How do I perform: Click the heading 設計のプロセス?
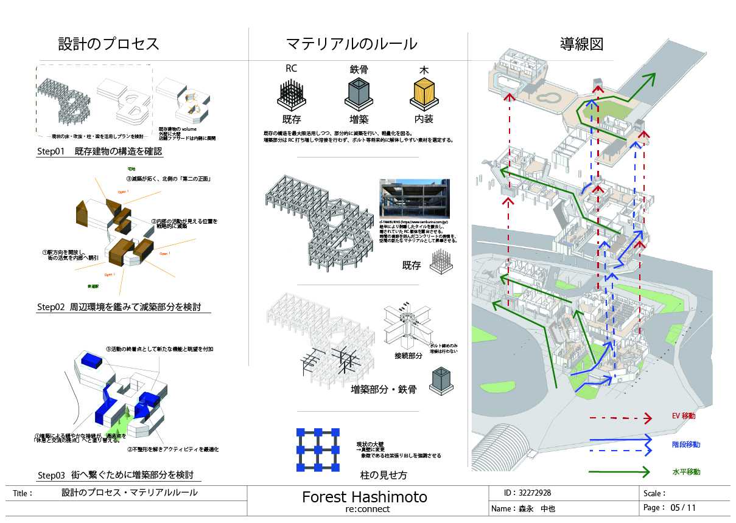(x=108, y=44)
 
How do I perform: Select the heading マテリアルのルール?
(x=352, y=44)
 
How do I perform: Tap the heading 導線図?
(x=581, y=44)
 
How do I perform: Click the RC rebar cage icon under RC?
(x=291, y=95)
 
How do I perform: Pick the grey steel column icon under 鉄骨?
(x=359, y=95)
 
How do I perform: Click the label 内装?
(x=424, y=120)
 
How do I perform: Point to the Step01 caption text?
(x=99, y=152)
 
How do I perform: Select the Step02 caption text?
(x=119, y=307)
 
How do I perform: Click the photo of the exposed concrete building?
(x=414, y=199)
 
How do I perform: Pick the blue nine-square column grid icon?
(x=317, y=451)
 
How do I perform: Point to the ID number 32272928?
(x=535, y=493)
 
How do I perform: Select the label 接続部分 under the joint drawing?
(x=404, y=355)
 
